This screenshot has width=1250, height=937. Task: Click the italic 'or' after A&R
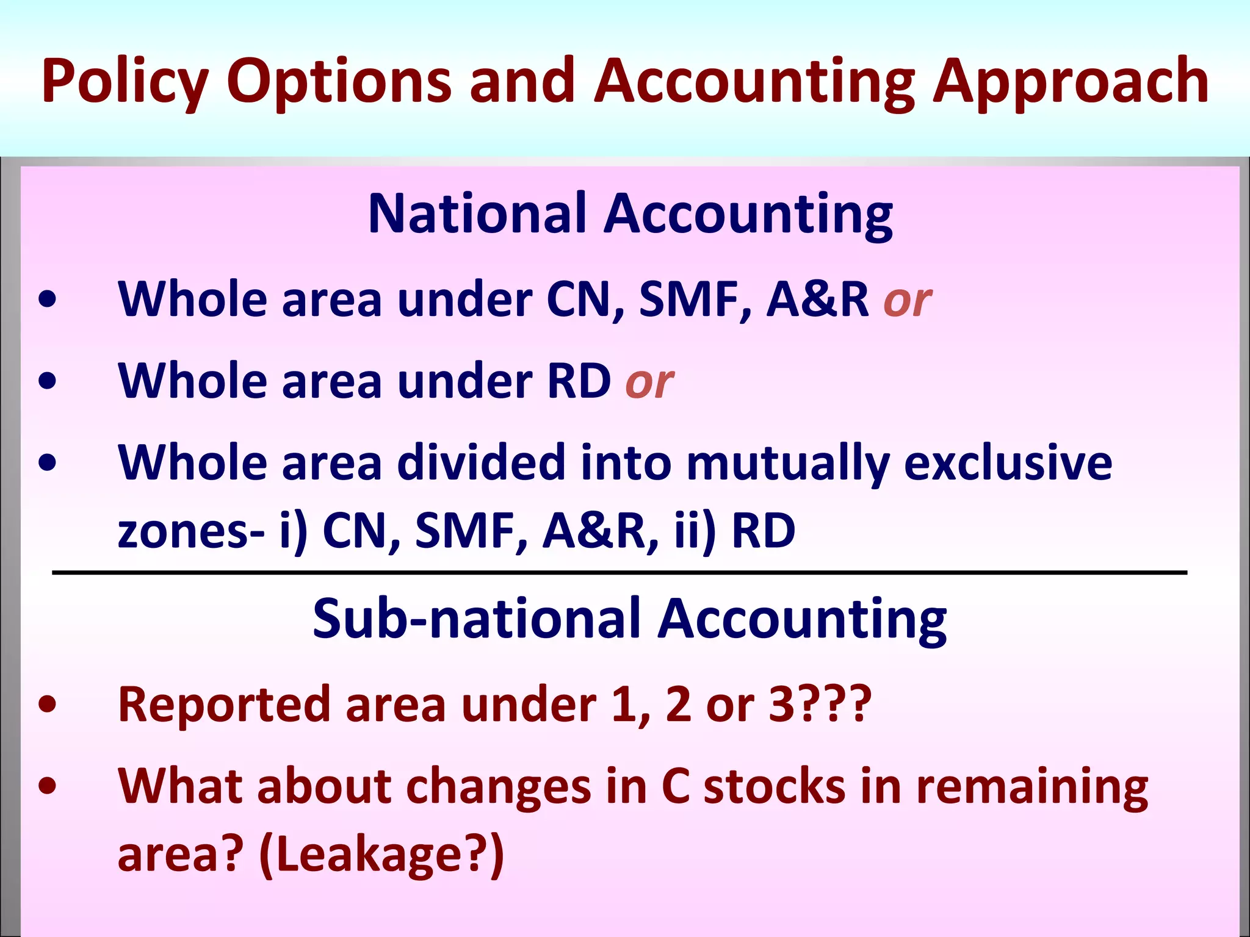(x=907, y=300)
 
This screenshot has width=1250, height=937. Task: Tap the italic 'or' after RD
(x=649, y=382)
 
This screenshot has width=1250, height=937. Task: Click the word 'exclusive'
(x=1008, y=462)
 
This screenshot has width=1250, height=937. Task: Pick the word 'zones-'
(x=191, y=531)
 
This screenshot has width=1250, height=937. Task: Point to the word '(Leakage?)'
(x=381, y=855)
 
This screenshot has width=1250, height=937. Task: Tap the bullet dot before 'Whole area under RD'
(x=47, y=381)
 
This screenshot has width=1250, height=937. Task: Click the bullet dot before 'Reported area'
(x=47, y=705)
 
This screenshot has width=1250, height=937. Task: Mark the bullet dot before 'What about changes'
(x=47, y=786)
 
